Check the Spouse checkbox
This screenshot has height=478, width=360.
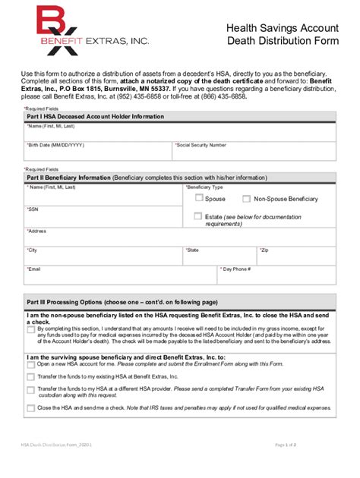pos(199,198)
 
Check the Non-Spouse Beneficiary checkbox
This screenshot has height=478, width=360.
pos(246,198)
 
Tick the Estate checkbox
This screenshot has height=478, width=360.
pos(199,216)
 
